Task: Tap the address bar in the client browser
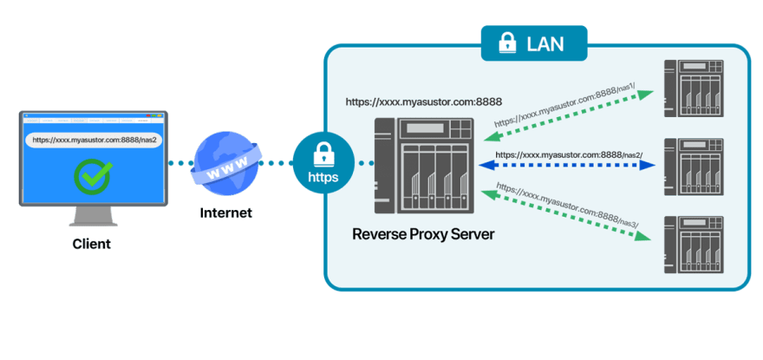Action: click(x=93, y=139)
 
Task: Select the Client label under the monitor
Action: click(x=92, y=245)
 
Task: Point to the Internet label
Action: click(x=225, y=213)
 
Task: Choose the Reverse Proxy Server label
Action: click(x=423, y=234)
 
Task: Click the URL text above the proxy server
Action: click(x=423, y=101)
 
